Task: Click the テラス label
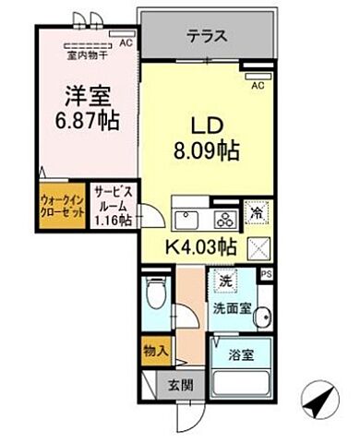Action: point(208,38)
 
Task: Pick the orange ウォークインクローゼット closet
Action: point(63,205)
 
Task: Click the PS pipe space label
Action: point(267,274)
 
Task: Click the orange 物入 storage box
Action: point(156,353)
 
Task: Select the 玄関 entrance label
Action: point(175,388)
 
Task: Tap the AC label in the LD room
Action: point(258,85)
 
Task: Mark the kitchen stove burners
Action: point(224,219)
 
